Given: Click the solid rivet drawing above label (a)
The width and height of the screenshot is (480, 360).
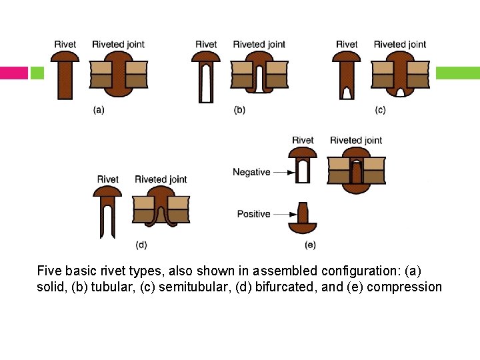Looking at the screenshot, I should coord(65,74).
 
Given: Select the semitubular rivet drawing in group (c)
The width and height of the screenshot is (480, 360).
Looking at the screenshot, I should coord(347,75).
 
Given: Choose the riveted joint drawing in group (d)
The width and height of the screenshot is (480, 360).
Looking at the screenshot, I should coord(161,207).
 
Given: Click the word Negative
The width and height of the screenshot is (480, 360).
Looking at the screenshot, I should coord(251,172).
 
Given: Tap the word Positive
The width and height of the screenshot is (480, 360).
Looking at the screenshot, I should coord(253,214).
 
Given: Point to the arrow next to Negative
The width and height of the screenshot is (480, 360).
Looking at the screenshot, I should coord(283,172).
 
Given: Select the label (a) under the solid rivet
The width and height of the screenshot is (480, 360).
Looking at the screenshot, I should coord(98,111).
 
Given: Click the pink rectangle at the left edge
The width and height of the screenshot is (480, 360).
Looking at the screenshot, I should coord(13,73).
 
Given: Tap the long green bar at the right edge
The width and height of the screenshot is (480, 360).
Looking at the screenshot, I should coord(458,73).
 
